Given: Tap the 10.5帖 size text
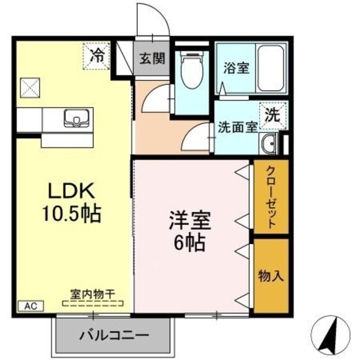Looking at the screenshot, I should coord(71,214).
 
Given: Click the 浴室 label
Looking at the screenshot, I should coord(237,68).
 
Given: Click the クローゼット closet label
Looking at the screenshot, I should coord(271,197).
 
